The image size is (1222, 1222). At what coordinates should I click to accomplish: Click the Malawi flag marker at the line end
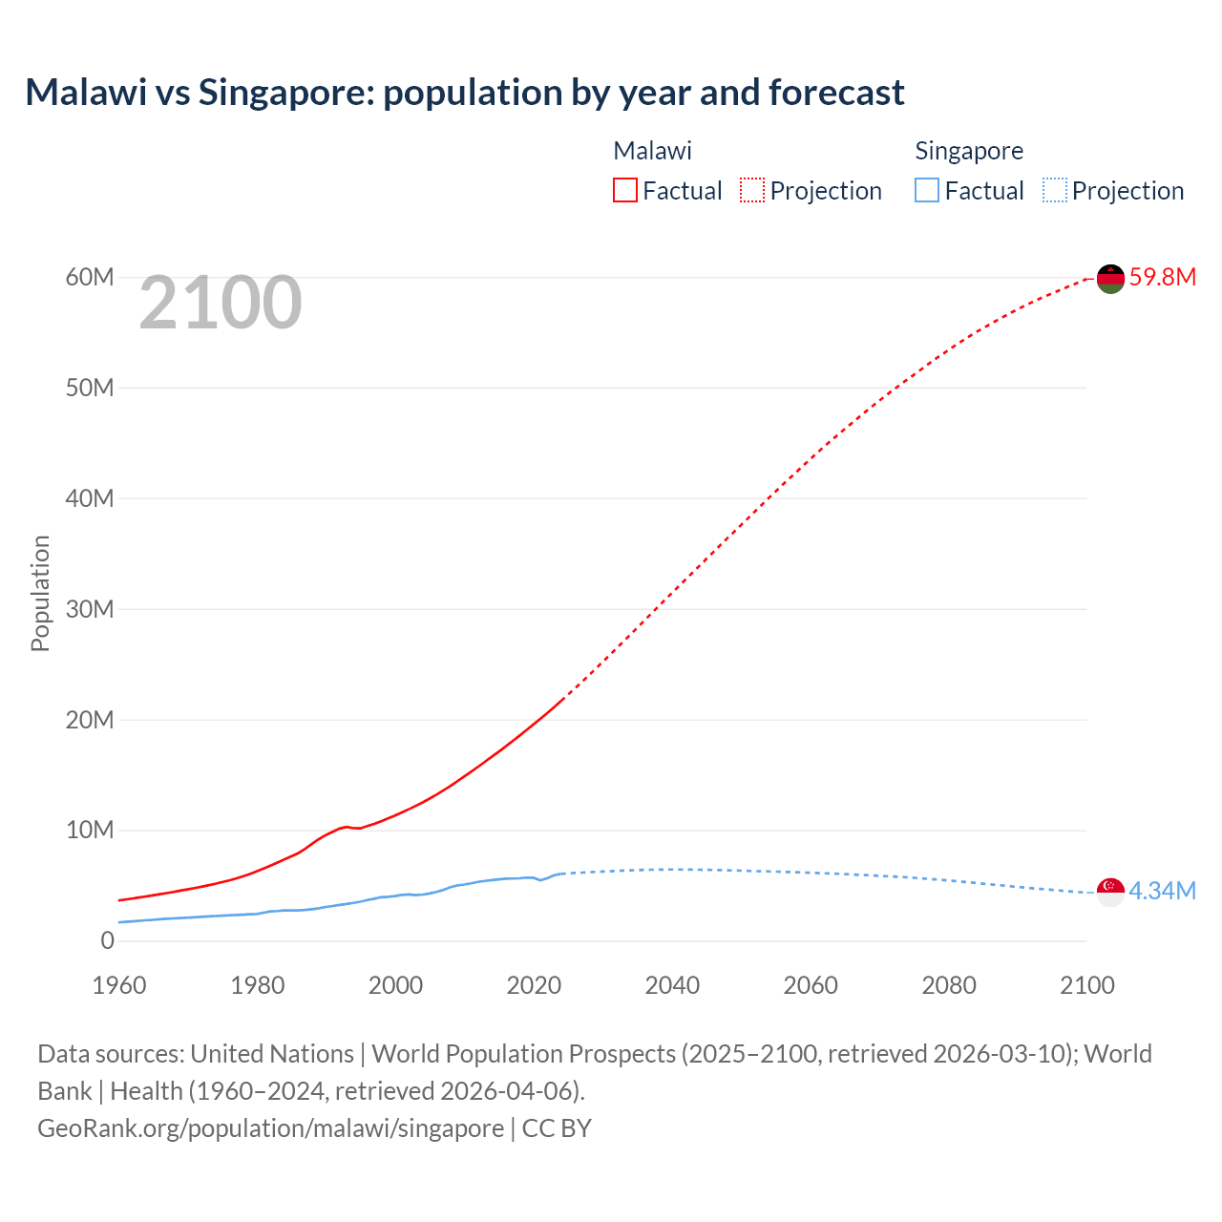tap(1110, 279)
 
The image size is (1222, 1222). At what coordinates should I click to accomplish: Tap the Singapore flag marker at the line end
tap(1110, 892)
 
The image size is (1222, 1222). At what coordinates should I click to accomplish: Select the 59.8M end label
tap(1162, 278)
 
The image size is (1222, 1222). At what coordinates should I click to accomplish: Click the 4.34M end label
tap(1162, 892)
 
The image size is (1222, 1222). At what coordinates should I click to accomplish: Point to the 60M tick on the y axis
tap(90, 278)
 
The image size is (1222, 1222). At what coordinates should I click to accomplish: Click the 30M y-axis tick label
tap(90, 609)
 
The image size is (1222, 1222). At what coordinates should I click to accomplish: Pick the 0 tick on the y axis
tap(107, 941)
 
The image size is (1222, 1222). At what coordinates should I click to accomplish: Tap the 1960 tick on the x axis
tap(119, 985)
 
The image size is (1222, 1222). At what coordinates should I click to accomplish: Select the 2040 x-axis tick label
tap(672, 985)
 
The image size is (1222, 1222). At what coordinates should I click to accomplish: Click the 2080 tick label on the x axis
tap(949, 985)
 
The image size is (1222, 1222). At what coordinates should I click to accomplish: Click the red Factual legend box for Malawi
tap(625, 191)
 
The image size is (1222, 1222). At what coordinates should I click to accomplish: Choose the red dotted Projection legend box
tap(752, 191)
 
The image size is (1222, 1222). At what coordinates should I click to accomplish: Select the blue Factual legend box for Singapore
tap(927, 191)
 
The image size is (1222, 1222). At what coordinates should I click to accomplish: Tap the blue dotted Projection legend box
tap(1054, 191)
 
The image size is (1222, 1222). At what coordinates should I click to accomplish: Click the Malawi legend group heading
tap(652, 151)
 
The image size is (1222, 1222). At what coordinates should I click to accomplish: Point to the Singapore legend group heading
tap(969, 151)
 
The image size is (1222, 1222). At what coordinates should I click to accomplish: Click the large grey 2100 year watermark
tap(221, 304)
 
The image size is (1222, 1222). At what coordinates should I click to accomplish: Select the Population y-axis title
tap(40, 593)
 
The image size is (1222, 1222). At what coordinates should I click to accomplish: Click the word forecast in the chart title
tap(836, 93)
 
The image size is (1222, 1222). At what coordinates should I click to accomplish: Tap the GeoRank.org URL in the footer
tap(270, 1128)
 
